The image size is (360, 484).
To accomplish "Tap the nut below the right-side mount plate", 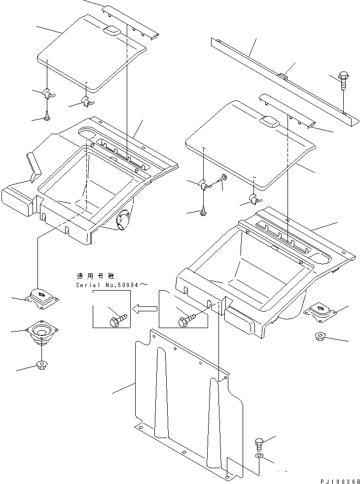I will click(x=320, y=336).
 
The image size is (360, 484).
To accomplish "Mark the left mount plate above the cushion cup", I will click(x=42, y=298).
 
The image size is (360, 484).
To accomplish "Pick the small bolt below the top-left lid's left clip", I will click(x=46, y=116).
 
